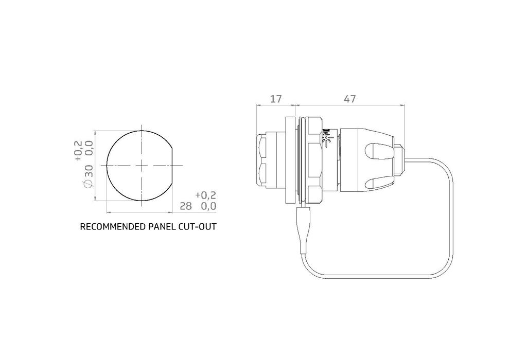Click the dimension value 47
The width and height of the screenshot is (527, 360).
pyautogui.click(x=350, y=99)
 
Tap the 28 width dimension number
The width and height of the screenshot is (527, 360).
pyautogui.click(x=185, y=206)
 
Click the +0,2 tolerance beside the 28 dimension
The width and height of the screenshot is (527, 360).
pyautogui.click(x=206, y=195)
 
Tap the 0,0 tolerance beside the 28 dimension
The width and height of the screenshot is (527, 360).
pyautogui.click(x=208, y=206)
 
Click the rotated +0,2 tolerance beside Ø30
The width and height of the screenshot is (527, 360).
pyautogui.click(x=78, y=151)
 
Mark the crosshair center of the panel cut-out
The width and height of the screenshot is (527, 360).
pyautogui.click(x=142, y=166)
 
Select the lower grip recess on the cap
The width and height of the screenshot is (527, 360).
pyautogui.click(x=378, y=182)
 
